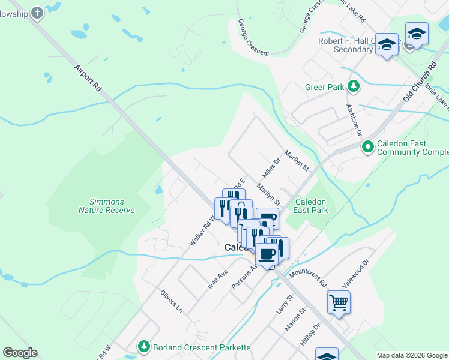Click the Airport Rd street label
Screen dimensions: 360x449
[88, 78]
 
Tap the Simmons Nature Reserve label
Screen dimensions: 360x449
[107, 206]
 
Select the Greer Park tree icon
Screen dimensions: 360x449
[354, 87]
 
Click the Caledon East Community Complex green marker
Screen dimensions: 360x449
[367, 146]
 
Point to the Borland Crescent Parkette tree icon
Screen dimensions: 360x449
[143, 347]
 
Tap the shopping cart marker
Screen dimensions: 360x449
[339, 302]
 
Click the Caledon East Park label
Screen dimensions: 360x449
[311, 206]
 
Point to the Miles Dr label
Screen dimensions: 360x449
[271, 168]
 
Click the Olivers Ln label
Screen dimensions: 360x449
[171, 300]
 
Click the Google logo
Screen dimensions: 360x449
[20, 353]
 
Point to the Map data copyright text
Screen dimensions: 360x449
[412, 355]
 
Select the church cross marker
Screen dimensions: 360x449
[37, 13]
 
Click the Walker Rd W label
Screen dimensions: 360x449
[202, 230]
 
